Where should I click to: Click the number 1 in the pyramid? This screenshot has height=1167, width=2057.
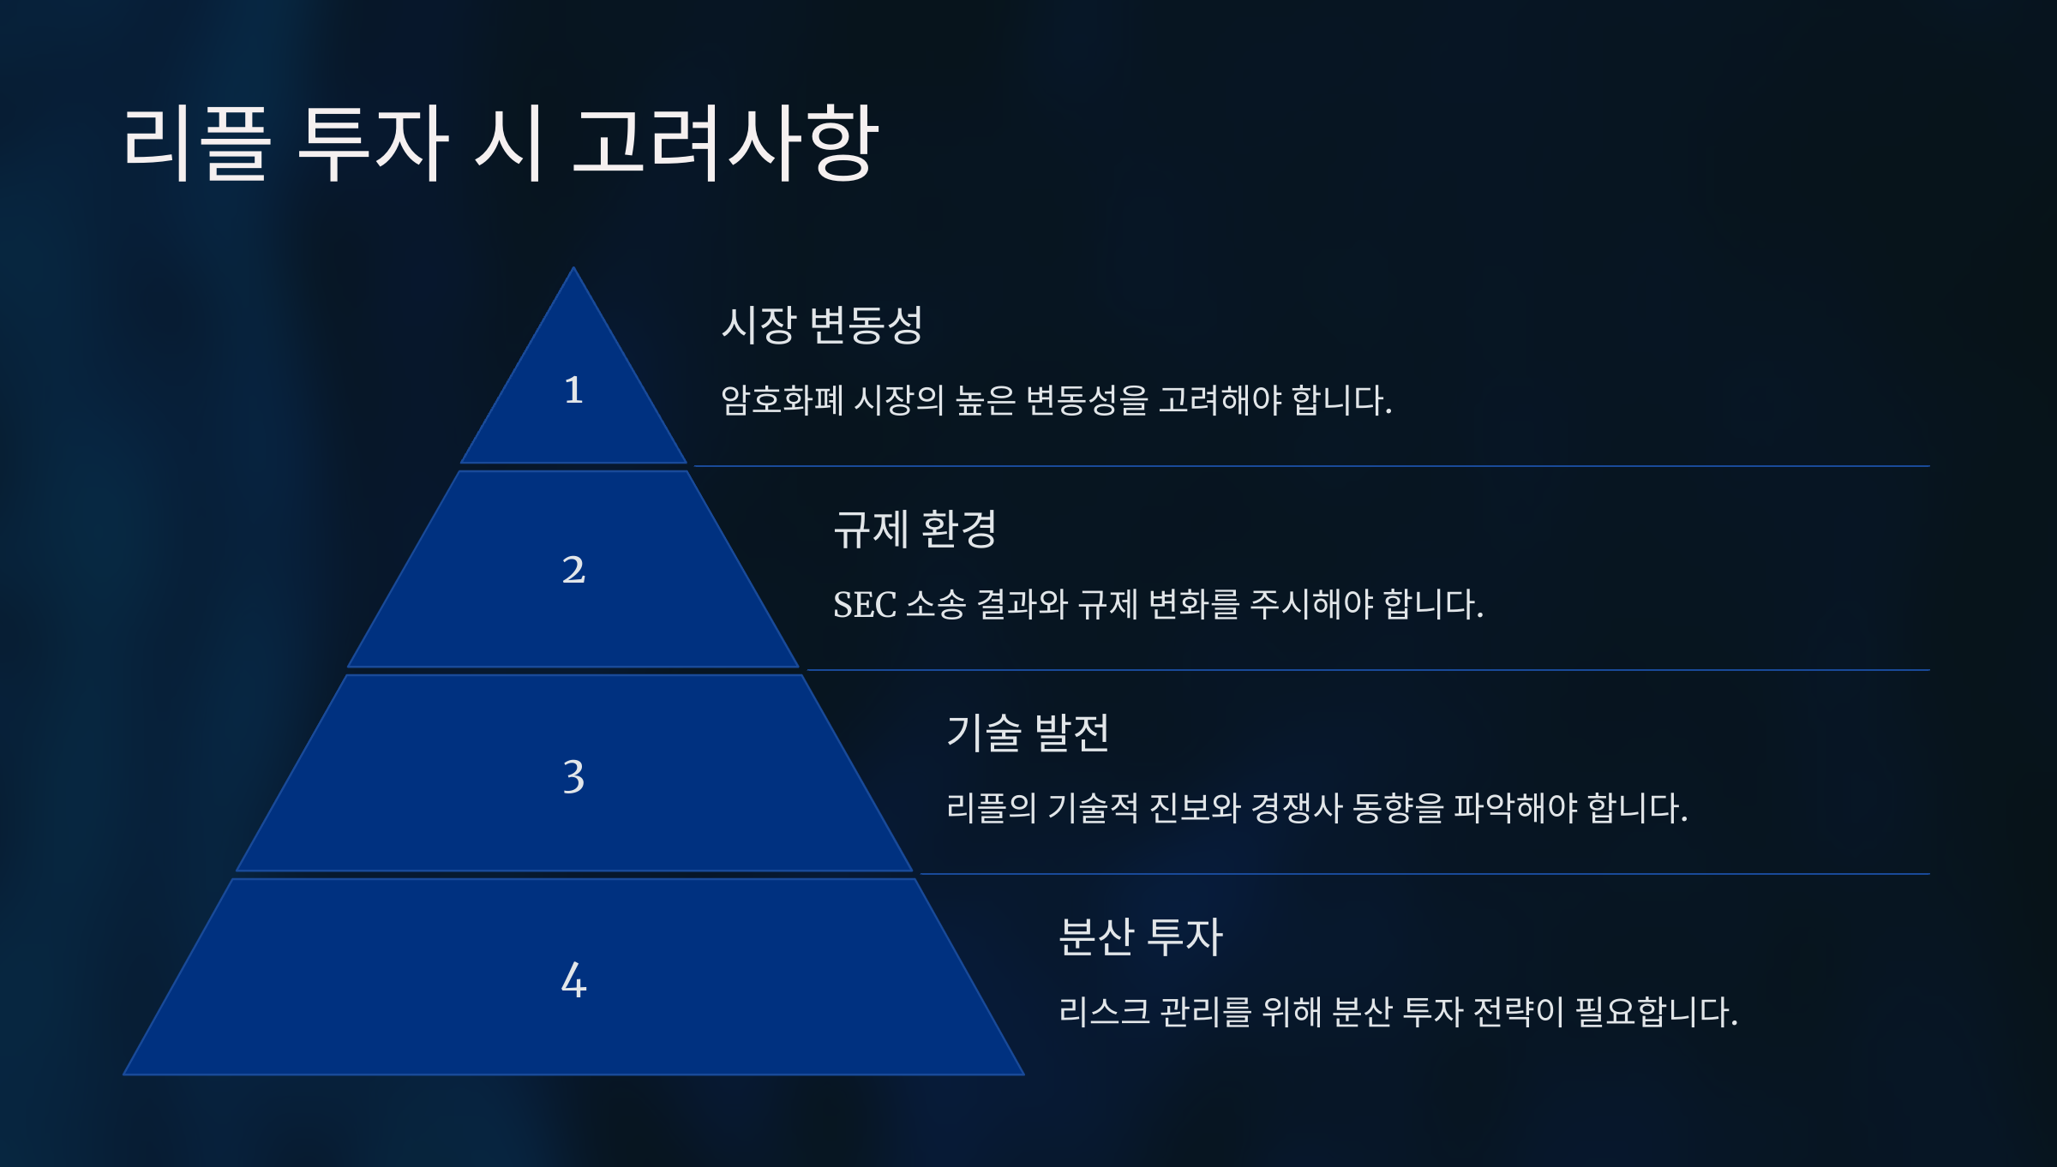(x=573, y=391)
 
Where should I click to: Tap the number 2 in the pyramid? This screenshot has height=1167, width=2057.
(x=573, y=570)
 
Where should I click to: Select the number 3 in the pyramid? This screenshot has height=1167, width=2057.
(x=573, y=777)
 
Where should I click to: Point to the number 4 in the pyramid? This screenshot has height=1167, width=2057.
(x=573, y=980)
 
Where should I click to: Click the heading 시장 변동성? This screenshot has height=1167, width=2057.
(x=821, y=325)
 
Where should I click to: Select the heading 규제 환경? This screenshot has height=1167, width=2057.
(x=915, y=529)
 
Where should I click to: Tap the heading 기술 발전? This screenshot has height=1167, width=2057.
(x=1028, y=733)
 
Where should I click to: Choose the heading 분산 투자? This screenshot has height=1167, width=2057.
(x=1140, y=937)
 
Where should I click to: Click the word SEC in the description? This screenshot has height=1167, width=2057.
(x=864, y=605)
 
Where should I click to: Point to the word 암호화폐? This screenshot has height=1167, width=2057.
(x=782, y=400)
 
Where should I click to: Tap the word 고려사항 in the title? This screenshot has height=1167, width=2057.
(x=724, y=143)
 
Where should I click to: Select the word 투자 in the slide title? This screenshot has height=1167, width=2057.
(x=373, y=143)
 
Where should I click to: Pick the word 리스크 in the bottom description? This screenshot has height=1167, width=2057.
(x=1104, y=1012)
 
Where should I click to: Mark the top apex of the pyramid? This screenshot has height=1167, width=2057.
(x=573, y=270)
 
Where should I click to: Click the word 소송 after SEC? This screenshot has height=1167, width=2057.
(x=936, y=605)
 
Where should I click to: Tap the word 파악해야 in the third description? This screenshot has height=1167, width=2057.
(x=1515, y=808)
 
